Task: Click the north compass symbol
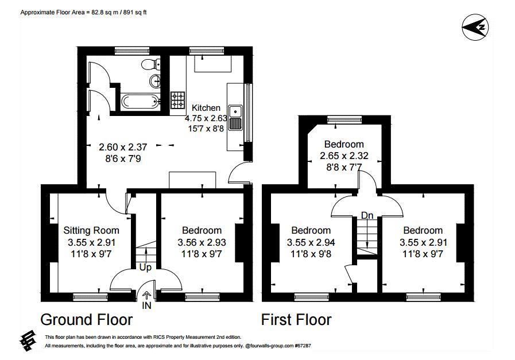(476, 27)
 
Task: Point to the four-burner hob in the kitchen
(177, 101)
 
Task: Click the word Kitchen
(206, 108)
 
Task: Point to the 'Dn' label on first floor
(367, 215)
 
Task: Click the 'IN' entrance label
(147, 307)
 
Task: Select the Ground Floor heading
(86, 319)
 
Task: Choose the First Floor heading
(296, 319)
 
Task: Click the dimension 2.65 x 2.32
(344, 155)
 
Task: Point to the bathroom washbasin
(154, 80)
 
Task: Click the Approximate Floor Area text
(84, 11)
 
